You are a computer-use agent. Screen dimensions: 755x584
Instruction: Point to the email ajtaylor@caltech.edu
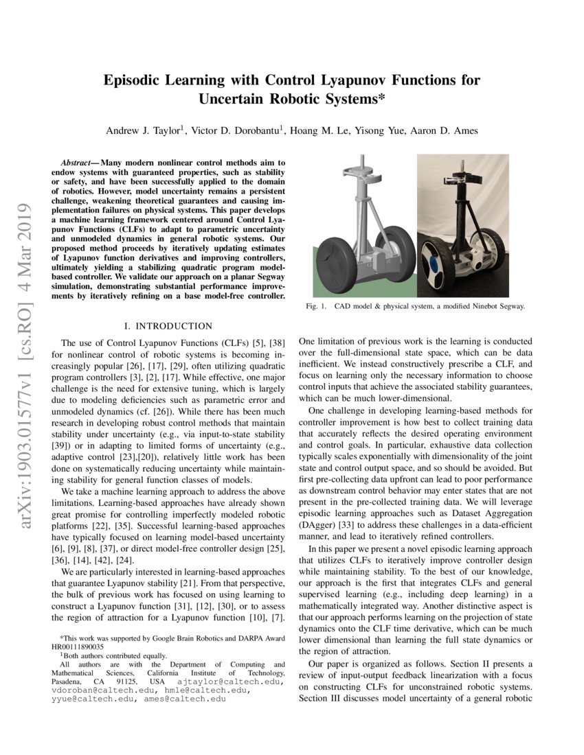(x=229, y=682)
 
